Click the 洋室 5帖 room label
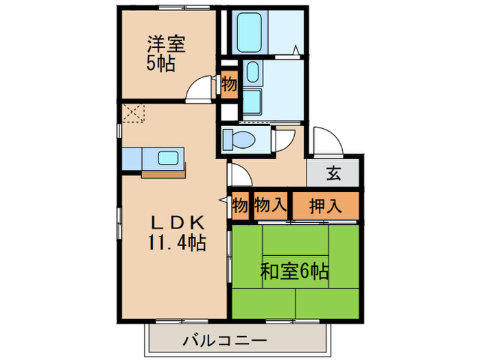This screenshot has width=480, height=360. click(x=165, y=53)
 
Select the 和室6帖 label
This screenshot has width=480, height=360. click(x=293, y=270)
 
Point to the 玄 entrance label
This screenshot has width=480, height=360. click(x=333, y=174)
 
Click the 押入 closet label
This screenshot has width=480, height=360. click(x=326, y=204)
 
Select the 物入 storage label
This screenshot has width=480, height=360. click(x=270, y=204)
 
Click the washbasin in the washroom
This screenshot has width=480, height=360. click(x=251, y=73)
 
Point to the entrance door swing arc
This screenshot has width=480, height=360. click(x=326, y=141)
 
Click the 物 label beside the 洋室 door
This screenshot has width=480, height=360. click(x=229, y=84)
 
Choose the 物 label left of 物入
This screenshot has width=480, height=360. click(x=239, y=204)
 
